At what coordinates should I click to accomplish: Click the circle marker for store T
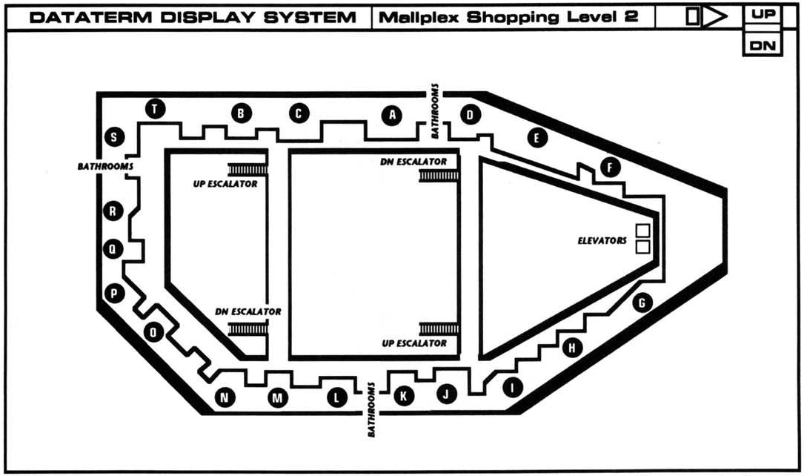(x=154, y=109)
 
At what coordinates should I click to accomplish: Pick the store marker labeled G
(x=642, y=303)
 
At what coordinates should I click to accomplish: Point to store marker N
(x=225, y=397)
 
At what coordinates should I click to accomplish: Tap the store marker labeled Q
(x=112, y=250)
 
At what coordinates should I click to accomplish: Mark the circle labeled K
(x=404, y=396)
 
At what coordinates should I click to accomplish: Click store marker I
(x=512, y=386)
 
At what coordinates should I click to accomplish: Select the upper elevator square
(x=642, y=230)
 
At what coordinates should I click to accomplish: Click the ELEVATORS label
(x=602, y=240)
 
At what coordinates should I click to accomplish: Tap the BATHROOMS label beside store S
(x=105, y=167)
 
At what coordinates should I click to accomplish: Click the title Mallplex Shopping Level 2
(x=508, y=16)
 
